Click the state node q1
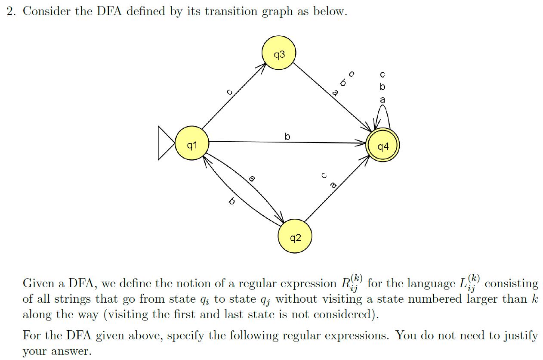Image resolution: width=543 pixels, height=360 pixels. (192, 143)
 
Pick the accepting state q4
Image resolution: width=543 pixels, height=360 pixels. (383, 146)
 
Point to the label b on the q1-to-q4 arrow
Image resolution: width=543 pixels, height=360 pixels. (287, 137)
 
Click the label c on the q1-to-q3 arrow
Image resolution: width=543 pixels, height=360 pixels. (230, 92)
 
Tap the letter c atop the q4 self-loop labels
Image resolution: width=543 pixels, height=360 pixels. (383, 75)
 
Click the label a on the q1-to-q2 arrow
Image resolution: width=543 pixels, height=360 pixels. (252, 178)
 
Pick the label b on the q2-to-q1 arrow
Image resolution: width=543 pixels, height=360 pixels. (232, 201)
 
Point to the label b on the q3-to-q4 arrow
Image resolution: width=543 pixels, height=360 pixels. (343, 83)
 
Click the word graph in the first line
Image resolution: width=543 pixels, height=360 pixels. (278, 12)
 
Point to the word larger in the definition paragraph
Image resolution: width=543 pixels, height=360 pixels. (478, 299)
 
